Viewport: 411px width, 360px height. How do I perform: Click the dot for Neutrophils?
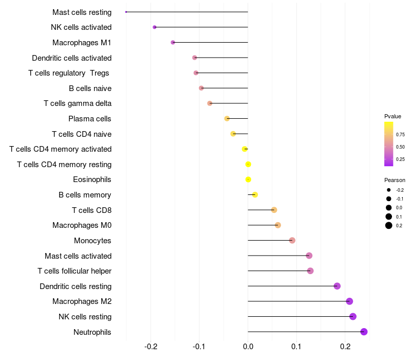tap(364, 332)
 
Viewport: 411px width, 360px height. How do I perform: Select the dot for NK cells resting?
tap(353, 316)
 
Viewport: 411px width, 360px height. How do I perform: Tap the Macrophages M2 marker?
tap(349, 301)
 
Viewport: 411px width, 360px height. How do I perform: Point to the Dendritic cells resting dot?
tap(337, 286)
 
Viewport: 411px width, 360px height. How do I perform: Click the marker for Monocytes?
tap(292, 240)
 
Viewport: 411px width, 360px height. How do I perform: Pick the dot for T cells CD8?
tap(274, 210)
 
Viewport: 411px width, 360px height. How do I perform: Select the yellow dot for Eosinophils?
tap(248, 179)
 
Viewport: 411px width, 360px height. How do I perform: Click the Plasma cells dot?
tap(227, 119)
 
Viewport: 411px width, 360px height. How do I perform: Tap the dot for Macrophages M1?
tap(173, 43)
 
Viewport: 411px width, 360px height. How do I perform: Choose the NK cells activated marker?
tap(155, 27)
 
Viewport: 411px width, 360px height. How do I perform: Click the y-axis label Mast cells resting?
tap(82, 12)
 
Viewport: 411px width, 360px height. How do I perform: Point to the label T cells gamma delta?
tap(78, 103)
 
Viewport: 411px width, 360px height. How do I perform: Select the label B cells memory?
tap(85, 195)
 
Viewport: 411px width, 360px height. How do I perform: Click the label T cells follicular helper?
tap(74, 271)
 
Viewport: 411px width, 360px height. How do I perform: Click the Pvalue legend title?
tap(393, 116)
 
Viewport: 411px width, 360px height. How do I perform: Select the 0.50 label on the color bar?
tap(400, 147)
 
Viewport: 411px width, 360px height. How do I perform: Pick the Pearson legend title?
tap(395, 180)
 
